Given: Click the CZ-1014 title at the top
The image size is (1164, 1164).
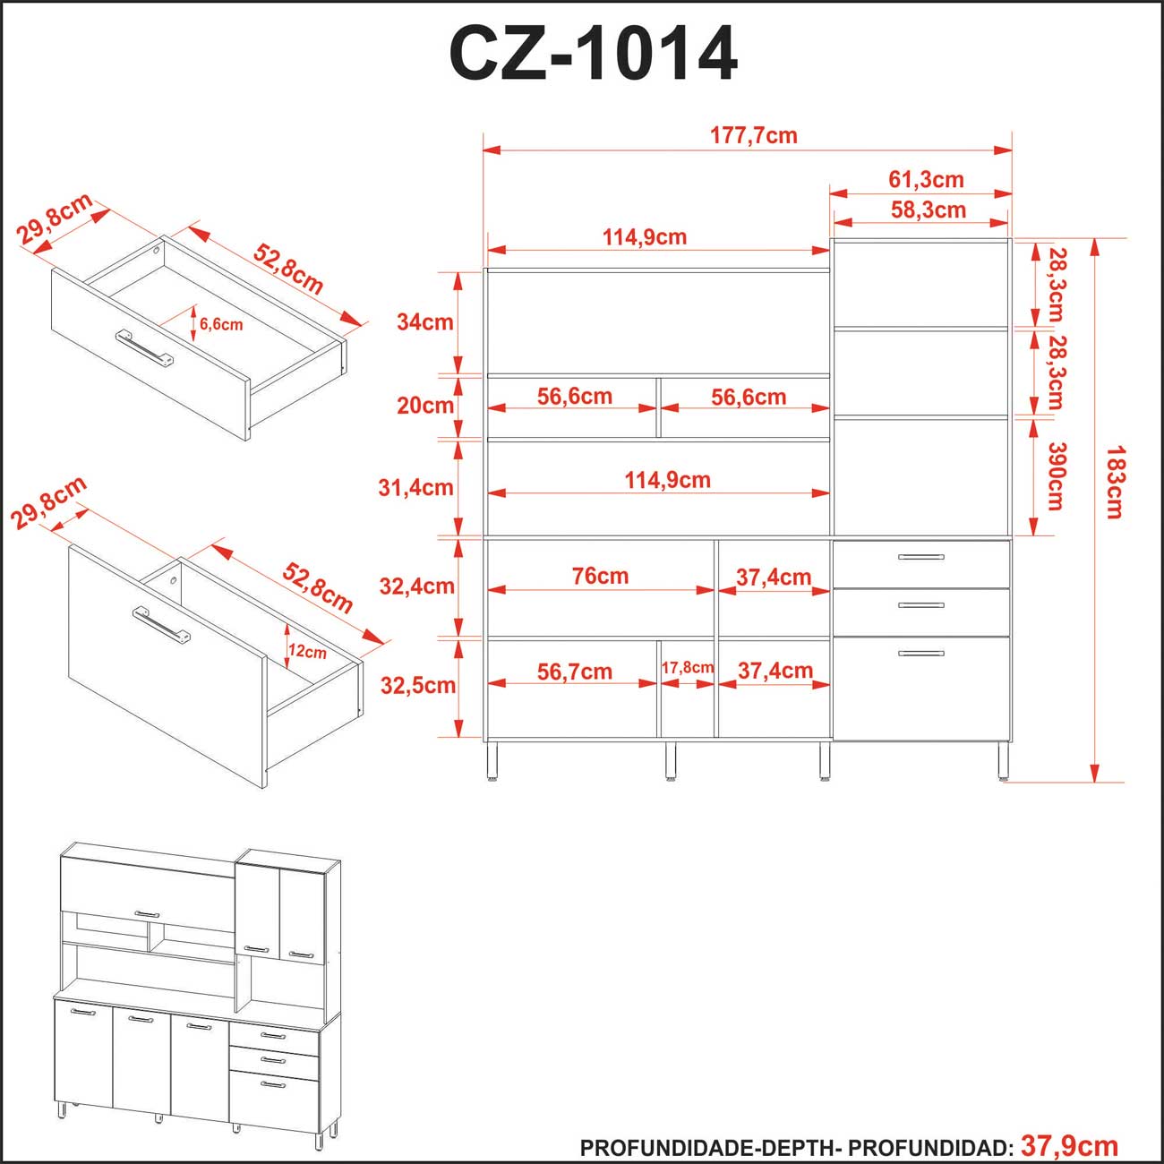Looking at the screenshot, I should tap(593, 54).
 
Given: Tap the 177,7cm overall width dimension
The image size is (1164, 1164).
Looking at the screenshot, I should tap(753, 136).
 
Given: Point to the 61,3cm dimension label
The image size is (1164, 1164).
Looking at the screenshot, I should tap(926, 180).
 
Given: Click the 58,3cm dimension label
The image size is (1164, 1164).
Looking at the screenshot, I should tap(928, 210).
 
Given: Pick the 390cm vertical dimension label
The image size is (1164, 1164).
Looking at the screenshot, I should tap(1057, 476).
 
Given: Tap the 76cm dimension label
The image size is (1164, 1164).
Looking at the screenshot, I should tap(600, 577).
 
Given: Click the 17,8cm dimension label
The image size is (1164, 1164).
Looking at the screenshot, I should tap(687, 668).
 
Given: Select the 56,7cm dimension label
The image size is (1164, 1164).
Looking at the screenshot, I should tap(574, 672).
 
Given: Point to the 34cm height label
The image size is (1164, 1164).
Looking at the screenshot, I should tap(424, 322).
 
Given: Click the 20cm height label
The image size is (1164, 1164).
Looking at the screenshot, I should tap(424, 406).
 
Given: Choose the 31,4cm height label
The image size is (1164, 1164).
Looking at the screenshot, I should tap(415, 488).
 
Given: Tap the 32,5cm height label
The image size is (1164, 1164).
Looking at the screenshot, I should tap(417, 686).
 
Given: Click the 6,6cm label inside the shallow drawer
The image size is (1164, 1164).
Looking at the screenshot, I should tap(220, 325).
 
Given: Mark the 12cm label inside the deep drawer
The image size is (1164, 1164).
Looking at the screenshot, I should tap(307, 653).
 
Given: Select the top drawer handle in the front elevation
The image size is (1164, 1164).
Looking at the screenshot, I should tap(920, 557).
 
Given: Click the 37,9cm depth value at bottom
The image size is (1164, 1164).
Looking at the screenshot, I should tap(1069, 1146).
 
